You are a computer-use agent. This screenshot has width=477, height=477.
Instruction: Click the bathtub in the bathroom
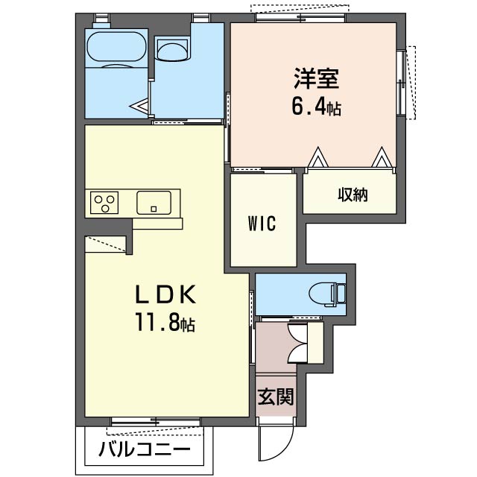(116, 48)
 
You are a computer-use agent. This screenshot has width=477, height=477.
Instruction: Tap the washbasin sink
(172, 49)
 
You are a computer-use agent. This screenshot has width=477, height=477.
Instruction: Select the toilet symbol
(327, 294)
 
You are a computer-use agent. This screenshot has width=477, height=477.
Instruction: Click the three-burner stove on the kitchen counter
(104, 203)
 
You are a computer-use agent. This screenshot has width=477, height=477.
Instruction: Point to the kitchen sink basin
(154, 203)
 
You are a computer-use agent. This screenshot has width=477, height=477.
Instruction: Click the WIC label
(262, 224)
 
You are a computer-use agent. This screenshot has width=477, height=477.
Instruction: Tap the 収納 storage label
(353, 195)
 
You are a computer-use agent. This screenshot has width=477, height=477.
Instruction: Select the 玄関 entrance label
(276, 397)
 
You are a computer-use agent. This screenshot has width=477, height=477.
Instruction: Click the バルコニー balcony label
(145, 449)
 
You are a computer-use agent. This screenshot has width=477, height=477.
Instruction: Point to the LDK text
(165, 295)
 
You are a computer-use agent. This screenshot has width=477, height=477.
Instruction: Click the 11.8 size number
(157, 323)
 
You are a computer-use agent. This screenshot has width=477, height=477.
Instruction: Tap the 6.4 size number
(309, 107)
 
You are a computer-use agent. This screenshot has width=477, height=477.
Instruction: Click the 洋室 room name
(316, 78)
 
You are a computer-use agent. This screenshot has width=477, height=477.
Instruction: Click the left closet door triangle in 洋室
(318, 157)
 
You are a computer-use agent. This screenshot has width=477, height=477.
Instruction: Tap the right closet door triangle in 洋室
(382, 157)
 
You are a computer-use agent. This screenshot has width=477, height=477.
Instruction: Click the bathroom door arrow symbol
(139, 106)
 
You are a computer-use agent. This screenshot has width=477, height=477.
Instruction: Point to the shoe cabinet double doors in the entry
(297, 343)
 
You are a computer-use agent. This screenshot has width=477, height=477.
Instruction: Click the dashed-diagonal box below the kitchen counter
(105, 244)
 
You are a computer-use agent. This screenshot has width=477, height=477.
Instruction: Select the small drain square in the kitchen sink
(154, 209)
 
